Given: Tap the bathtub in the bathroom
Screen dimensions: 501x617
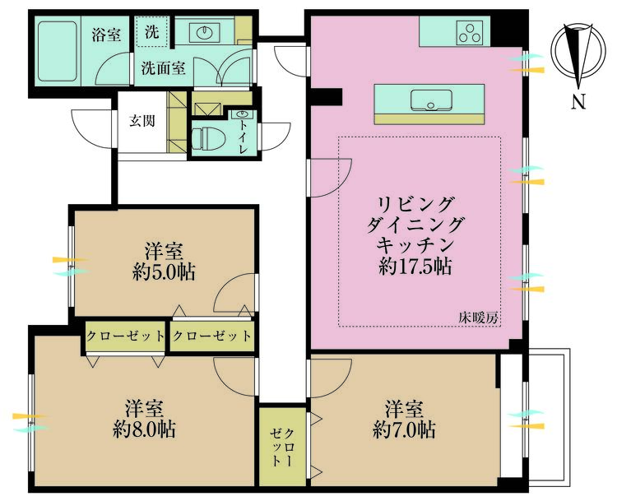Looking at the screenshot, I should point(58,50).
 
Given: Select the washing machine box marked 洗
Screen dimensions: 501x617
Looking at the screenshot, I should point(152,33).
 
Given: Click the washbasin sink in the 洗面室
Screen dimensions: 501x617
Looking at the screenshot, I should point(203,34).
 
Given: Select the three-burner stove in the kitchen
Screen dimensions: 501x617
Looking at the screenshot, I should point(471,34).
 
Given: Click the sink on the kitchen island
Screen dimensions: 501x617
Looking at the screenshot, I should point(429,101).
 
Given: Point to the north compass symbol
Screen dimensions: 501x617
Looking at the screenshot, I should point(579,54).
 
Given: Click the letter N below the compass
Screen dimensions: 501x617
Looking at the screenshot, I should point(579,103).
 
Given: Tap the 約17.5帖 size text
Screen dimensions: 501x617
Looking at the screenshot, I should point(415,267).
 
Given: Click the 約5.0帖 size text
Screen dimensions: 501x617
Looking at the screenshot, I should point(164,272).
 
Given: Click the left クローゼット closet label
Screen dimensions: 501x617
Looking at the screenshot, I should point(124,336).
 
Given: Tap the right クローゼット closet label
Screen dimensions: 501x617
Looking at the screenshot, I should point(211,336).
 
